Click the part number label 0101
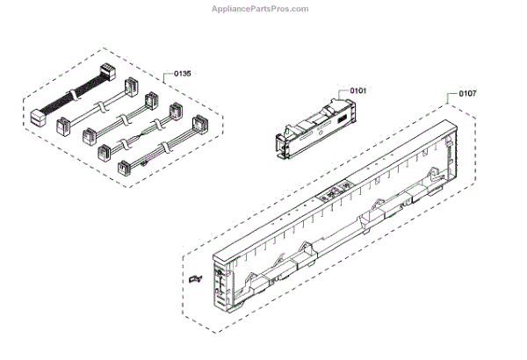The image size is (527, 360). point(359,90)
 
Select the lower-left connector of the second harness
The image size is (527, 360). point(63,126)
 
